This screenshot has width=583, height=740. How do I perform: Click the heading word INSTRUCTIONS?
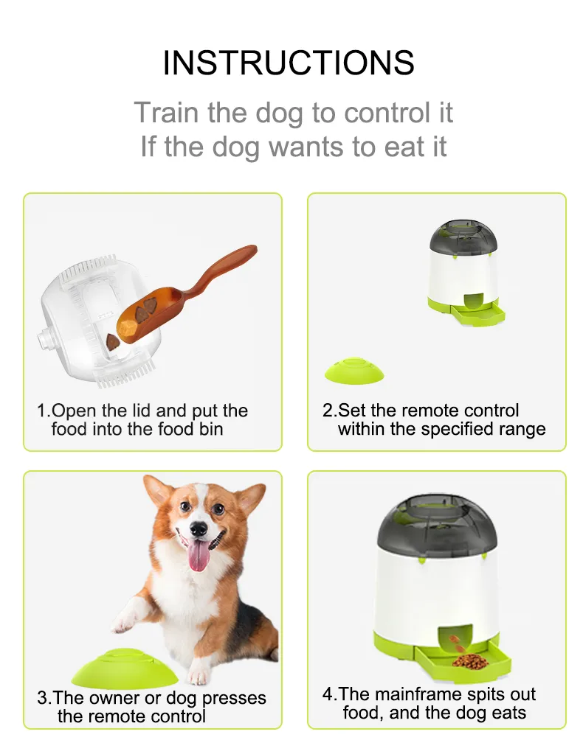(289, 63)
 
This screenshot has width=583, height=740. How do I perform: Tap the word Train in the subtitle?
(165, 114)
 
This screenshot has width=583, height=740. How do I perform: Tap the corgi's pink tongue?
(198, 555)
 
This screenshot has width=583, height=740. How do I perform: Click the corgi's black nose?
(198, 528)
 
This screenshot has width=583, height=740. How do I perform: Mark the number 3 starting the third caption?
(43, 697)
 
